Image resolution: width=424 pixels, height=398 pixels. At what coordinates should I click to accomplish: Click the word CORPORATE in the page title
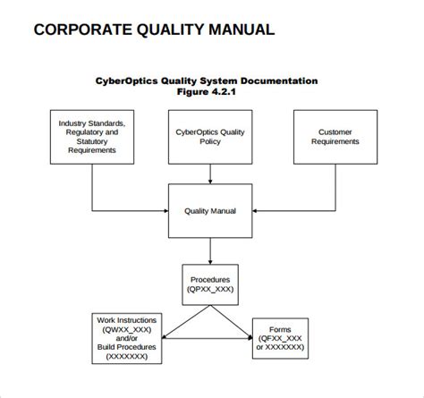point(83,30)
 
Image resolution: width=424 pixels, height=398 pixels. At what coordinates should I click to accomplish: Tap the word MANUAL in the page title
point(242,30)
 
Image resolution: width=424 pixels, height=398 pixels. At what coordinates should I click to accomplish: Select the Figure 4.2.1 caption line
point(207,91)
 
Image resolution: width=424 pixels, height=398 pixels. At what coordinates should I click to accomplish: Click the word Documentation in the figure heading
point(279,80)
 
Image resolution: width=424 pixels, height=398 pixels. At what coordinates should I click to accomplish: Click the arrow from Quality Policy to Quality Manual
point(210,174)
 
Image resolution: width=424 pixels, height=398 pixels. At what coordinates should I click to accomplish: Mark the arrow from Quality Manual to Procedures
point(210,251)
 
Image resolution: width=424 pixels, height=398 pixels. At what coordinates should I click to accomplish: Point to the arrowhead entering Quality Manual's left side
point(166,211)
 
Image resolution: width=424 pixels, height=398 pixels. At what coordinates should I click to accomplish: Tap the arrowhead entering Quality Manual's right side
point(255,211)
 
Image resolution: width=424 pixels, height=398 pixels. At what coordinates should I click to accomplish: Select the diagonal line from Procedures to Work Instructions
point(186,322)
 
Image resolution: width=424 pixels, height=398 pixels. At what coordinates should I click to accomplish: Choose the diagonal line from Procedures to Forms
point(232,322)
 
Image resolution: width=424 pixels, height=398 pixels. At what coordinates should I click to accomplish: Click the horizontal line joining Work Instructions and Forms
point(208,338)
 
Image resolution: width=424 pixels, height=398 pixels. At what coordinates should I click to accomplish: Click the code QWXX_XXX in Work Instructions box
point(127,329)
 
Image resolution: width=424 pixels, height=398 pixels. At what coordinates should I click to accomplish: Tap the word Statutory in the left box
point(92,141)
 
